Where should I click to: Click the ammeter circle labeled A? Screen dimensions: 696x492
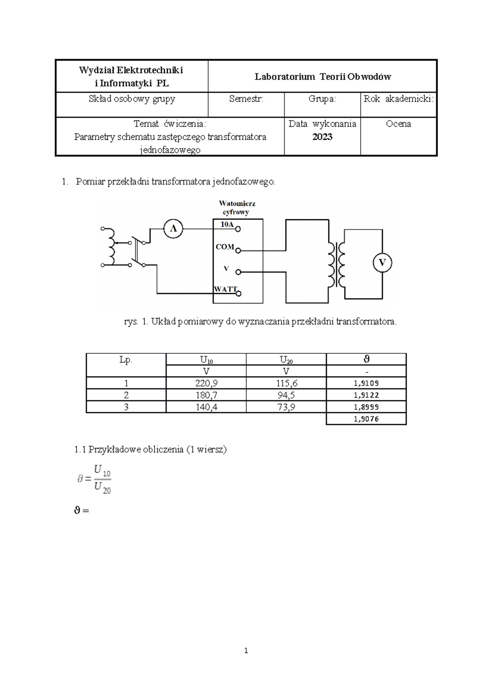tap(173, 229)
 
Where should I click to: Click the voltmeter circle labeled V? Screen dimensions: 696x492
tap(382, 263)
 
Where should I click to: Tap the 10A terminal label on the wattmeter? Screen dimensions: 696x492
tap(227, 225)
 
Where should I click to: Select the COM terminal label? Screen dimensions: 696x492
tap(225, 247)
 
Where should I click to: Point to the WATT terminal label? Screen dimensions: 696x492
tap(225, 289)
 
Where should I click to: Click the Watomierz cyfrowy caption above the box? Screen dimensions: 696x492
tap(237, 208)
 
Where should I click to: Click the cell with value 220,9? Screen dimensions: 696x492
tap(206, 383)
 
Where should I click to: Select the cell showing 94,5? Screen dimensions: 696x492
tap(286, 395)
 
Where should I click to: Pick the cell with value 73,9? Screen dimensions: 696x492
tap(286, 407)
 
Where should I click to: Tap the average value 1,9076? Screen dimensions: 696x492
tap(366, 419)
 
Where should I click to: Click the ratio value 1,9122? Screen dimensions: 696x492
tap(366, 395)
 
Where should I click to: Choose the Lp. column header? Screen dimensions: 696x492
tap(126, 359)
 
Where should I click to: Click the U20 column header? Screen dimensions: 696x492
tap(286, 360)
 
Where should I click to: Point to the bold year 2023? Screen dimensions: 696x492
tap(322, 137)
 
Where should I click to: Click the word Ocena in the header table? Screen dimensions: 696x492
tap(398, 124)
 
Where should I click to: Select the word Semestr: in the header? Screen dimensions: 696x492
tap(246, 99)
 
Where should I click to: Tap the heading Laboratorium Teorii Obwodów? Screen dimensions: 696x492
tap(323, 77)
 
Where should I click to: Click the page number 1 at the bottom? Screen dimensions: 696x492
tap(246, 651)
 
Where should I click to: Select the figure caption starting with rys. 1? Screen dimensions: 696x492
tap(260, 322)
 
